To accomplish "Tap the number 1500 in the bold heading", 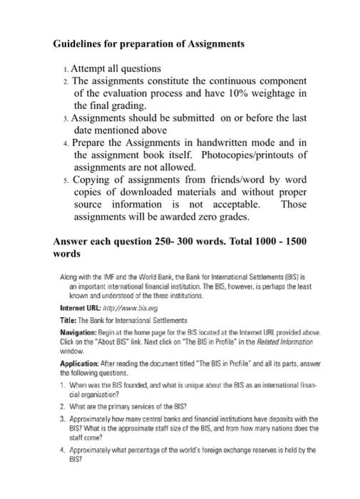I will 293,241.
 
